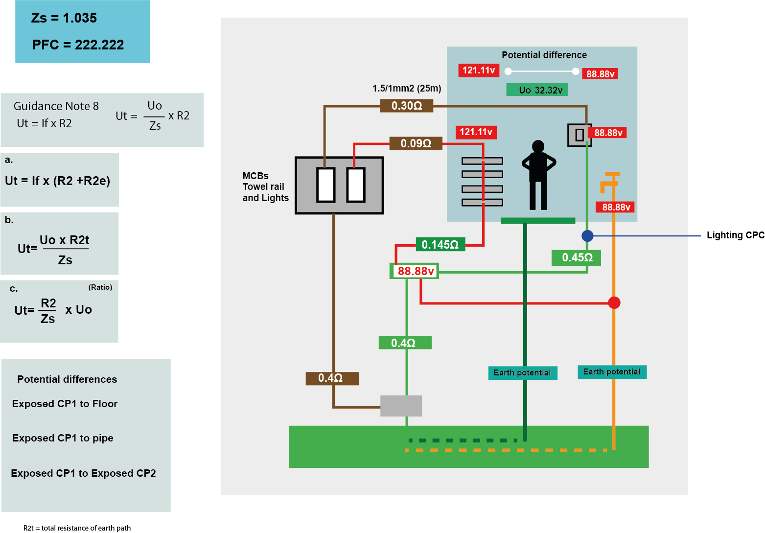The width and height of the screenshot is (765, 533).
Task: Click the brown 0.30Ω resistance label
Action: tap(407, 106)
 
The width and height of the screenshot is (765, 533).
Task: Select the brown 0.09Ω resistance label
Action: tap(416, 143)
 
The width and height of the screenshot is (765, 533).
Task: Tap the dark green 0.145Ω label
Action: tap(440, 245)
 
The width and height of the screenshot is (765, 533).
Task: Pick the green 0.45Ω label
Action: tap(577, 257)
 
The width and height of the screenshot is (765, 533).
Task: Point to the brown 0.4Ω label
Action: tap(332, 378)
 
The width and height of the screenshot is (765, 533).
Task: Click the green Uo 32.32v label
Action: tap(537, 90)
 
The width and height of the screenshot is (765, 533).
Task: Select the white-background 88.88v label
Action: tap(415, 271)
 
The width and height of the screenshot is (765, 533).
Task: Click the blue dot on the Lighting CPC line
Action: tap(587, 236)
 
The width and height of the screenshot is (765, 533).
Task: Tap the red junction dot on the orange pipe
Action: tap(614, 303)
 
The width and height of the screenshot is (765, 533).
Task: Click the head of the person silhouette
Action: tap(538, 146)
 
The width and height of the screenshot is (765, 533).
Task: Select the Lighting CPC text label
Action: tap(735, 235)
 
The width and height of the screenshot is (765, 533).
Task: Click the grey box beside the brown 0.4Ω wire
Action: tap(401, 406)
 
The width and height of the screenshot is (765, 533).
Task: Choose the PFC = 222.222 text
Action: tap(78, 45)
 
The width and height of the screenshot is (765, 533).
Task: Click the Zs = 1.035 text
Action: tap(64, 18)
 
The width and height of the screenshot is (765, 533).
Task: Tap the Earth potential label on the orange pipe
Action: tap(612, 372)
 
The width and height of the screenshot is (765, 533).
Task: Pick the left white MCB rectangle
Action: tap(326, 185)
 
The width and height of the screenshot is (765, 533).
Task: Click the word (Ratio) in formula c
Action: tap(100, 287)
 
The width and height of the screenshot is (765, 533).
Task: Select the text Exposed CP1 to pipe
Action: tap(63, 438)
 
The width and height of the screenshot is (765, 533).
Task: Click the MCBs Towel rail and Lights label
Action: tap(265, 187)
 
